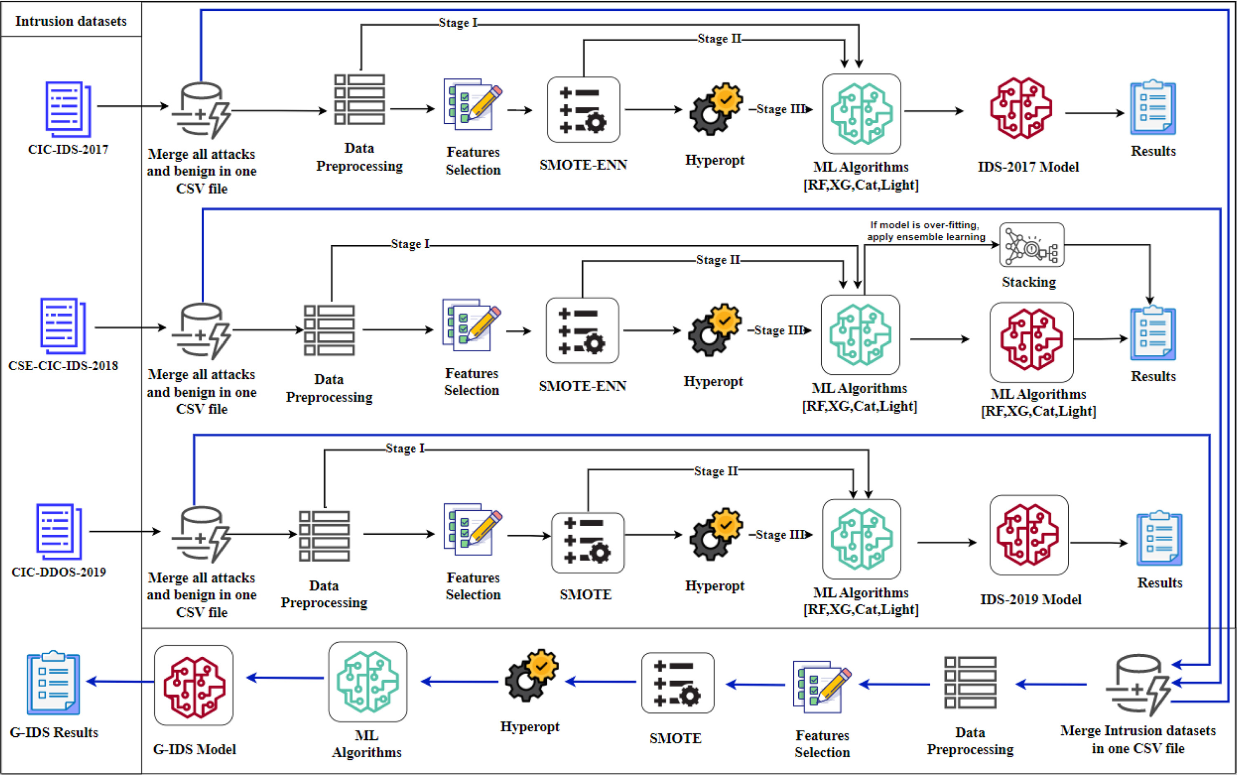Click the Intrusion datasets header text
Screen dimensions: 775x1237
(x=71, y=21)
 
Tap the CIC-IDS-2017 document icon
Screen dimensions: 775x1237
(x=68, y=109)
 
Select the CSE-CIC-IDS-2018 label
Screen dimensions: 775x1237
(x=63, y=366)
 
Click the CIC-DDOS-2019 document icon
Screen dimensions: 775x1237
(x=59, y=531)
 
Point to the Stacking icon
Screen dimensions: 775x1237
(x=1031, y=245)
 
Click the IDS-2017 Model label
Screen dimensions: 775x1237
(x=1028, y=167)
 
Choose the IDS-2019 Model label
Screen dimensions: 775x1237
(x=1030, y=599)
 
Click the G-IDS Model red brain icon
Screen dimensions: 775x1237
(x=194, y=685)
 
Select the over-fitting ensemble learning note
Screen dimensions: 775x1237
(x=925, y=231)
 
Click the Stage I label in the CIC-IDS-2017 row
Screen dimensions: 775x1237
(x=458, y=23)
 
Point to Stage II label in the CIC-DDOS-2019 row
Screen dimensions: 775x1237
(x=716, y=471)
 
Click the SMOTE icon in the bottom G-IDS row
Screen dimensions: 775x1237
(x=677, y=683)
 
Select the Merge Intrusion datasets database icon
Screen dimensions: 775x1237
(x=1138, y=685)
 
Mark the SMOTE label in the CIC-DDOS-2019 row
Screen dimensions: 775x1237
(x=586, y=594)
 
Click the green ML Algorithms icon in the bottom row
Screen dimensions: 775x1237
(x=367, y=682)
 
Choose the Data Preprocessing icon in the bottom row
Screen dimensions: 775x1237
(x=970, y=683)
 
